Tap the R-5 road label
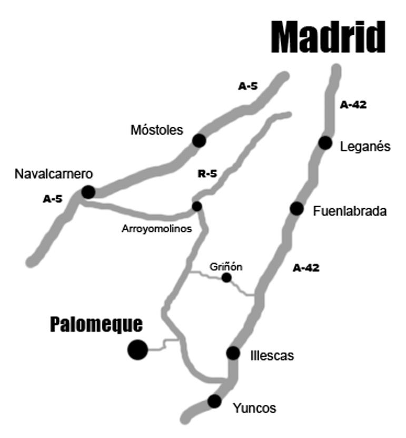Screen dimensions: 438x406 click(207, 174)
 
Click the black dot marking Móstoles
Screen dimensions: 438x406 click(199, 140)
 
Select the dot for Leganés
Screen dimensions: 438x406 click(325, 142)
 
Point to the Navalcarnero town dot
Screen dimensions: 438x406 click(88, 192)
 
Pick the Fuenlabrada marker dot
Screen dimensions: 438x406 click(296, 209)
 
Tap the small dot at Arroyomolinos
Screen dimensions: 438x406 click(197, 206)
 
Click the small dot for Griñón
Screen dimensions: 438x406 click(226, 278)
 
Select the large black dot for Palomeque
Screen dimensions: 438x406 click(137, 350)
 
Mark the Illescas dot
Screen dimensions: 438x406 click(233, 353)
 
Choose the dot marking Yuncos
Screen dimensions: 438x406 click(214, 401)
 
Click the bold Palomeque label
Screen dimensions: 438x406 click(96, 324)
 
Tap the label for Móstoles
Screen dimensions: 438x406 click(157, 130)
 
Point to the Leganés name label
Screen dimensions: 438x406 click(365, 146)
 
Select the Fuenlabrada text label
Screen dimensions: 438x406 click(350, 211)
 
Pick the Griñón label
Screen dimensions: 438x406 click(226, 267)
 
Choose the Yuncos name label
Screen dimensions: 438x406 click(255, 408)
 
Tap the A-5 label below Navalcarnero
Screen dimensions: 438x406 click(53, 199)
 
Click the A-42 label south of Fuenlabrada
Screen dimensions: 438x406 click(306, 268)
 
